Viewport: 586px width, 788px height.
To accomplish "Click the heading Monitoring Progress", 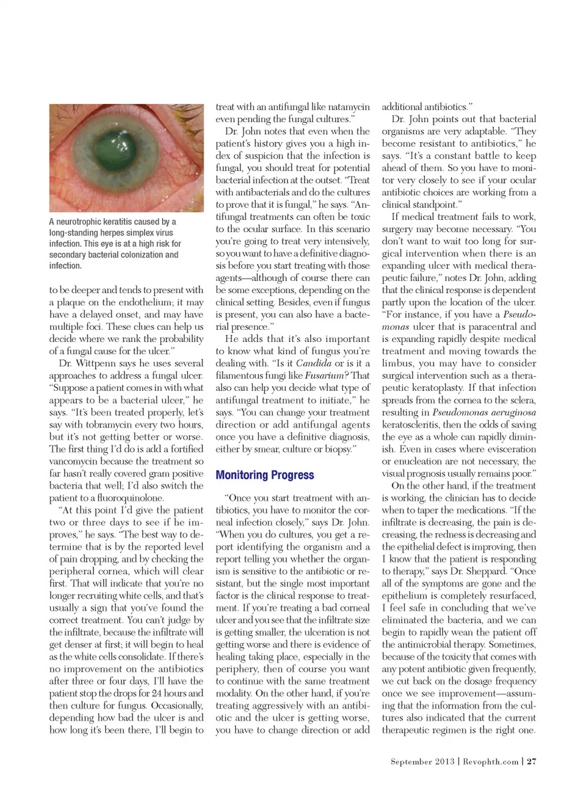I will (265, 475).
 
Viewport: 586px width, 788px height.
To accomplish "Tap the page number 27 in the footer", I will (532, 761).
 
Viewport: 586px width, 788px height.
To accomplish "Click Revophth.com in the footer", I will (491, 761).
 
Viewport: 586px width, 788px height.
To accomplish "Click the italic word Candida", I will (313, 363).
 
